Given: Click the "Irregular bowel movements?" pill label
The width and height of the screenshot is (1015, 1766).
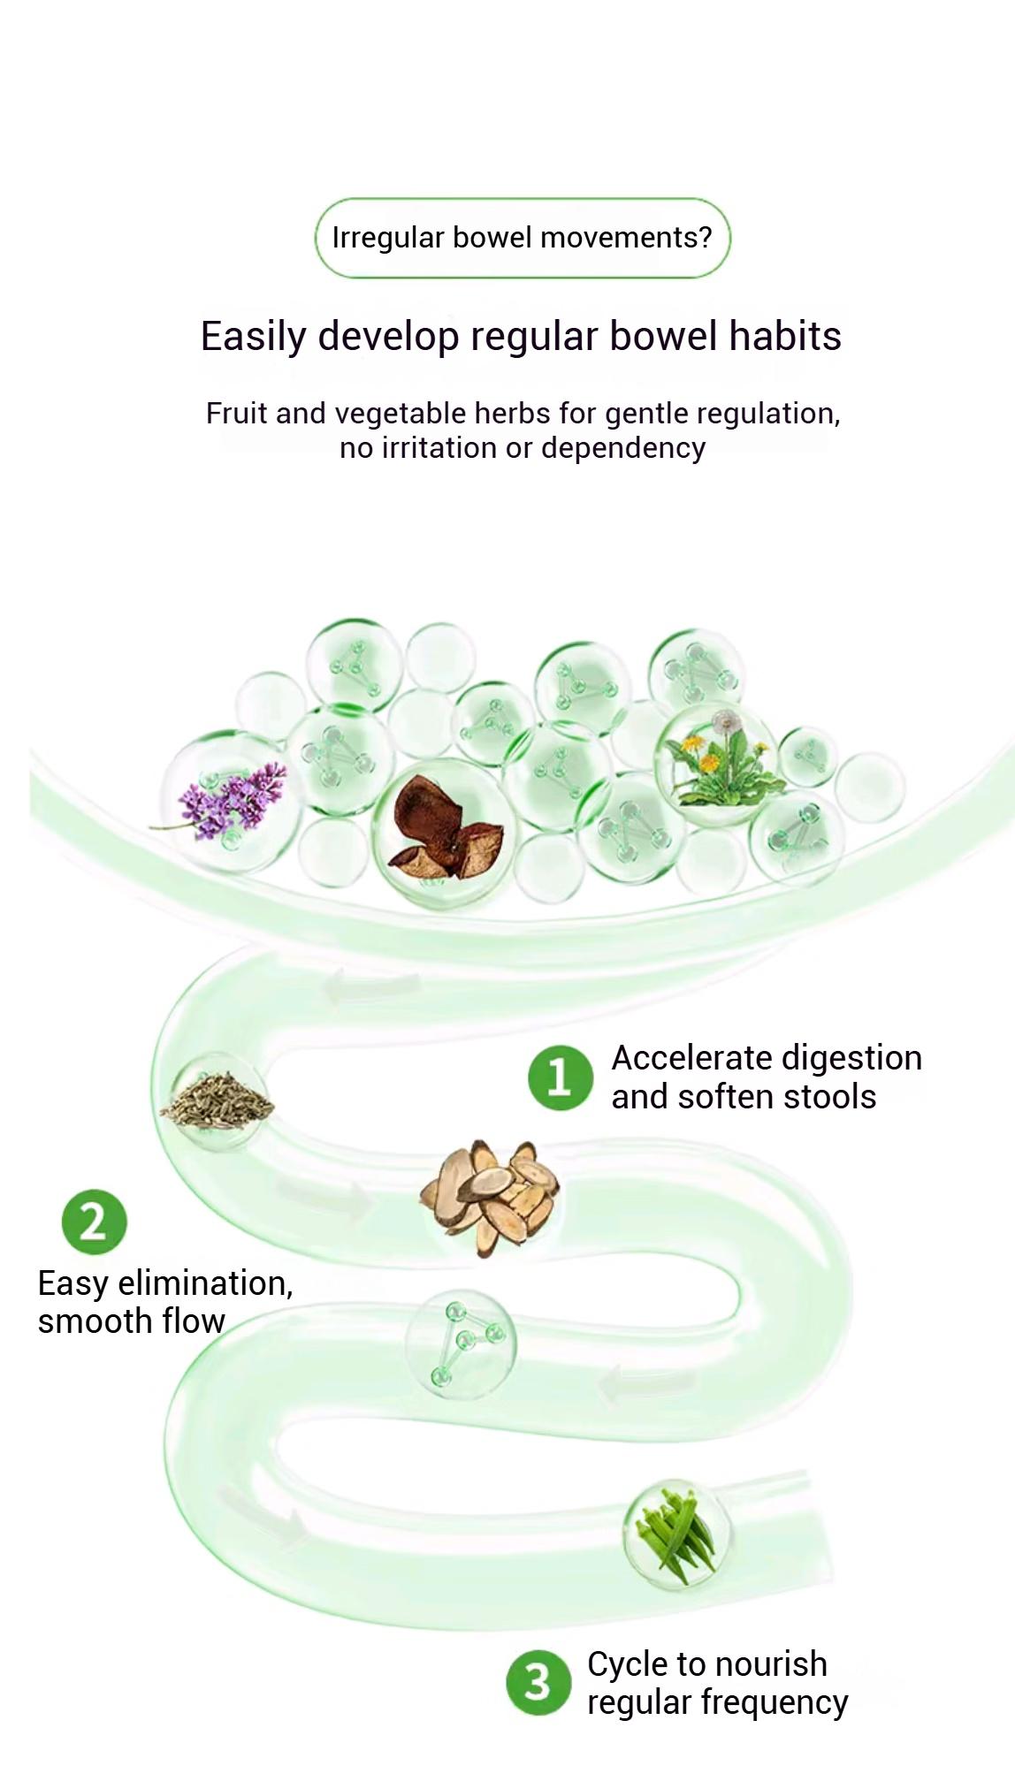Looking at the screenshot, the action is pyautogui.click(x=523, y=238).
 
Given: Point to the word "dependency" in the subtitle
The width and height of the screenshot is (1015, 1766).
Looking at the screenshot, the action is pyautogui.click(x=623, y=449).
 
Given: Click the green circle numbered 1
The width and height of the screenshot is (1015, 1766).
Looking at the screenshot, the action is pyautogui.click(x=560, y=1077).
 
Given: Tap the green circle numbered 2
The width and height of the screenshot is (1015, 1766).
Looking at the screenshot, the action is pyautogui.click(x=94, y=1222).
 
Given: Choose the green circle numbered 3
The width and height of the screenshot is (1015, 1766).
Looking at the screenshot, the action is pyautogui.click(x=538, y=1683).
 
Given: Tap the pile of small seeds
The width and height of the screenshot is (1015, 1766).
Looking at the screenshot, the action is pyautogui.click(x=217, y=1100).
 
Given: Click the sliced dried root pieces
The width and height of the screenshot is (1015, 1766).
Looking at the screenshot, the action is pyautogui.click(x=489, y=1195).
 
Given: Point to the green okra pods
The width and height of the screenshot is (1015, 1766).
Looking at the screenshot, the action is pyautogui.click(x=675, y=1534).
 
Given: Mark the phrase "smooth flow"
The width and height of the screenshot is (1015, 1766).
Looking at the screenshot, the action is pyautogui.click(x=131, y=1321).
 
